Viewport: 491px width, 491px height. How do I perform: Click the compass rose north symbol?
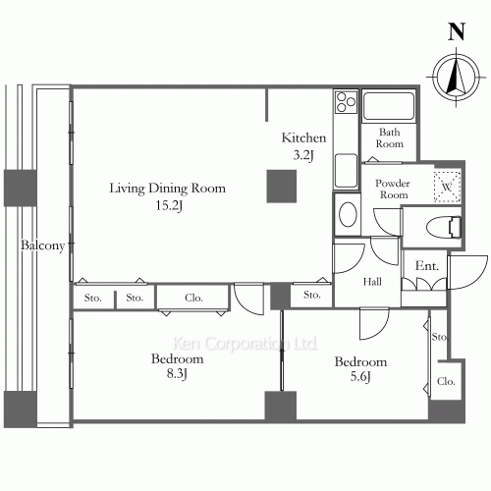[x=457, y=78]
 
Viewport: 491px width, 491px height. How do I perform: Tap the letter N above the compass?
[x=457, y=31]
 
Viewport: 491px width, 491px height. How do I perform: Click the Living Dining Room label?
[x=167, y=189]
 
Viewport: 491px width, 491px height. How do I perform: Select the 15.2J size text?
[x=169, y=205]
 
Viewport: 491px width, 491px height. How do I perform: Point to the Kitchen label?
[x=303, y=137]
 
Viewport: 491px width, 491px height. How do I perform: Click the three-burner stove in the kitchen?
[x=346, y=102]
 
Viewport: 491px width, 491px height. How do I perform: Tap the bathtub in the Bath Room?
[x=389, y=106]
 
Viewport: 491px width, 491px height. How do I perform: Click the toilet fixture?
[x=444, y=227]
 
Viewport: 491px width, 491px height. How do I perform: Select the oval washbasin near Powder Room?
[x=348, y=214]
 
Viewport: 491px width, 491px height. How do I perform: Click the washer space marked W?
[x=447, y=187]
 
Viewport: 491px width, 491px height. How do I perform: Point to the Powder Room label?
[x=393, y=189]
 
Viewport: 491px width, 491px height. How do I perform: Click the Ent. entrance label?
[x=427, y=265]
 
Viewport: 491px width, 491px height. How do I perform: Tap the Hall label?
[x=372, y=282]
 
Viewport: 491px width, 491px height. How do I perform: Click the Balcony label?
[x=43, y=245]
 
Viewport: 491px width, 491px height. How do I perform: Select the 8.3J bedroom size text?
[x=177, y=373]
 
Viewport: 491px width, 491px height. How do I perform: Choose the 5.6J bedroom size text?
[x=360, y=376]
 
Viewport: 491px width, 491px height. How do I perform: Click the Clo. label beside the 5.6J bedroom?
[x=446, y=381]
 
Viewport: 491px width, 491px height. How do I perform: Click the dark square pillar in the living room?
[x=282, y=186]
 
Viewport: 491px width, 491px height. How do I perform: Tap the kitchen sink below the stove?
[x=346, y=171]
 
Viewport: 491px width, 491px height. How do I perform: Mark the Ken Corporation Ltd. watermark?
[x=245, y=344]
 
